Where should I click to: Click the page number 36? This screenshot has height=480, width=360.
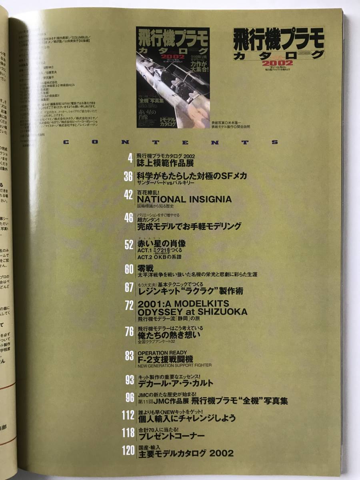(x=128, y=176)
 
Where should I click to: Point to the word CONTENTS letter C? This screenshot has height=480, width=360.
(x=66, y=142)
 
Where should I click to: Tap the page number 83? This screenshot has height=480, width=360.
(x=128, y=356)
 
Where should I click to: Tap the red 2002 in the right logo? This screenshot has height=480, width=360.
(x=278, y=63)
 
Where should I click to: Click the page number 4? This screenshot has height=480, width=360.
(x=130, y=159)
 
